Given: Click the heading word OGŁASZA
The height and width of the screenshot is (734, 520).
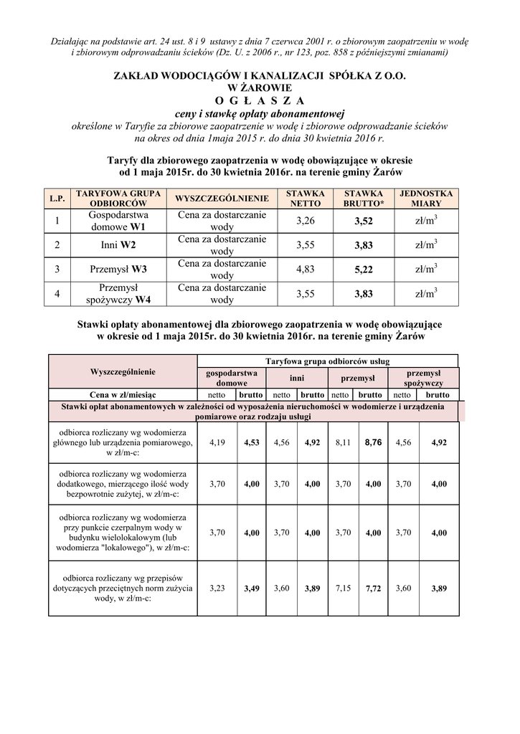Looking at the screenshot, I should coord(260,100).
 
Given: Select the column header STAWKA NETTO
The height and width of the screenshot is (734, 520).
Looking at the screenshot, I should coord(305,199).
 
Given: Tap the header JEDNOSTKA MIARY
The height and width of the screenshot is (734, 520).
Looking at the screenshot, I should coord(426,199).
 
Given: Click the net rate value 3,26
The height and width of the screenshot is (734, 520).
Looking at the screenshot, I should coord(305,221).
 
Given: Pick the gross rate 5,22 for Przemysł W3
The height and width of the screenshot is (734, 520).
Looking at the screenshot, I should coord(364,270).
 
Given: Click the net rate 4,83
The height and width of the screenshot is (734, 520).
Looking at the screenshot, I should coord(305,270).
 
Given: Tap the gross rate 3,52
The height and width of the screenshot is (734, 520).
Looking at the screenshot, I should coord(364,221).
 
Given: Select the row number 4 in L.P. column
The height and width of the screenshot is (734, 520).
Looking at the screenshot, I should coord(57,294).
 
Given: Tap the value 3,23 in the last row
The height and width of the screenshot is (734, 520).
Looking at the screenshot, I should coord(217,588).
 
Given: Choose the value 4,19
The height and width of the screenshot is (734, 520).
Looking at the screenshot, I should coord(217,442).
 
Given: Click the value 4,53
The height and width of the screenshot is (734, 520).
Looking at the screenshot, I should coord(251,442).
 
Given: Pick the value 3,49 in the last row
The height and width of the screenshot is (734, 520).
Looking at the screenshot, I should coord(251,588).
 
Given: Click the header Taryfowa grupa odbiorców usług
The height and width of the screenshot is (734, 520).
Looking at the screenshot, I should coord(327,361).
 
